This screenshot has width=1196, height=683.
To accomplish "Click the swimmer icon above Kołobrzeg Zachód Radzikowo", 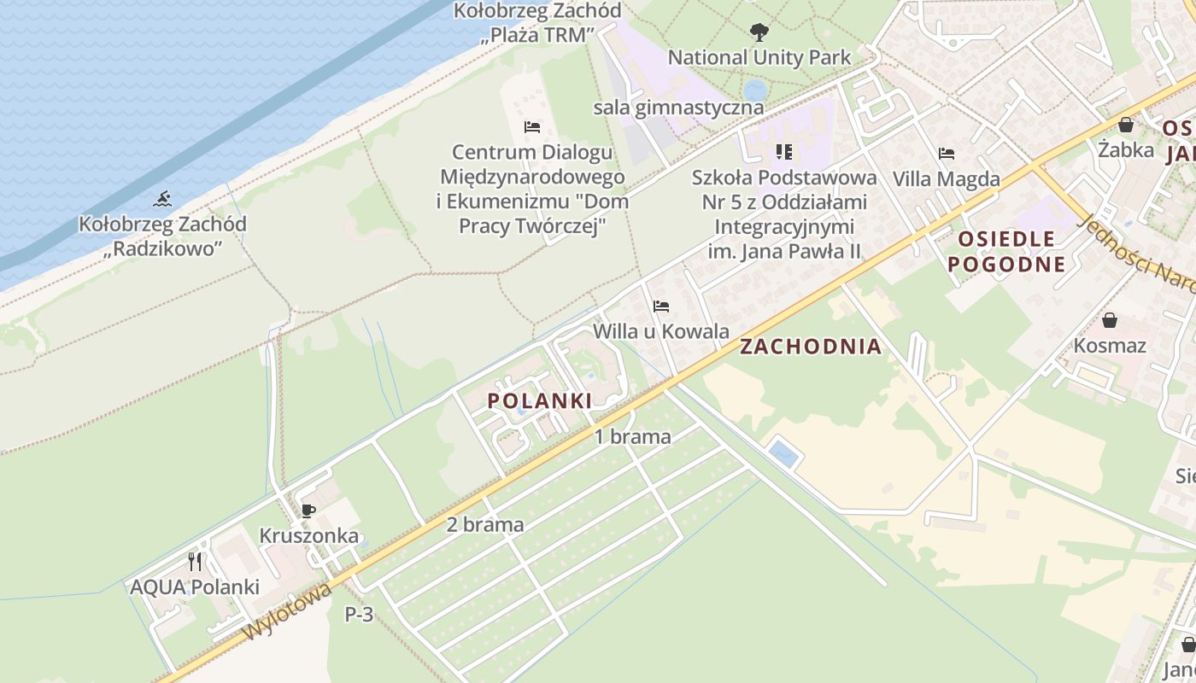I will tap(162, 200).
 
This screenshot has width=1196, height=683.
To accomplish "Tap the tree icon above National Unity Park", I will tap(758, 33).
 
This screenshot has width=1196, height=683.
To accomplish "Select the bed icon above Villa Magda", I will tap(946, 155).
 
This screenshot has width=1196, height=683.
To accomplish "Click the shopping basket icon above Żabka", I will tap(1125, 125).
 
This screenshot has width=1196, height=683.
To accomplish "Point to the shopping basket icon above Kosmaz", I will tap(1109, 320).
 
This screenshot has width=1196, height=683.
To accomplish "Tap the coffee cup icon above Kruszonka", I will tap(308, 511).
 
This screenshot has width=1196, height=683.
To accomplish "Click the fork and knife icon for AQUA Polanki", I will tap(195, 561).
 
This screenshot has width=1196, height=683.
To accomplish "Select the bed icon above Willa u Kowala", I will tap(660, 306).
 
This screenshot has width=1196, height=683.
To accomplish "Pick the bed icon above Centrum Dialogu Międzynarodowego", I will tap(531, 127).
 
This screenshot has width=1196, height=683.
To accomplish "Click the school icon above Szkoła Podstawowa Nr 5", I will tap(783, 152).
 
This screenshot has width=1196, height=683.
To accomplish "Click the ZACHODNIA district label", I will tap(810, 347).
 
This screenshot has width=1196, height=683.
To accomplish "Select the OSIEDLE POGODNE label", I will tap(1006, 251).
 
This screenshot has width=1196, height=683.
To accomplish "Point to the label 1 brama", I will tap(633, 437).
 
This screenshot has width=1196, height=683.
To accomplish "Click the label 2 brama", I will tap(485, 524).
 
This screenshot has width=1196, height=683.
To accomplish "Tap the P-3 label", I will tap(359, 614).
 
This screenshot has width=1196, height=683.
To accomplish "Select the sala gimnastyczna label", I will tap(678, 108).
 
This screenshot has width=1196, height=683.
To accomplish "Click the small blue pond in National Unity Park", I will tap(755, 89).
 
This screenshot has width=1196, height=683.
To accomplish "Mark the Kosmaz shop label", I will tap(1110, 346).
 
